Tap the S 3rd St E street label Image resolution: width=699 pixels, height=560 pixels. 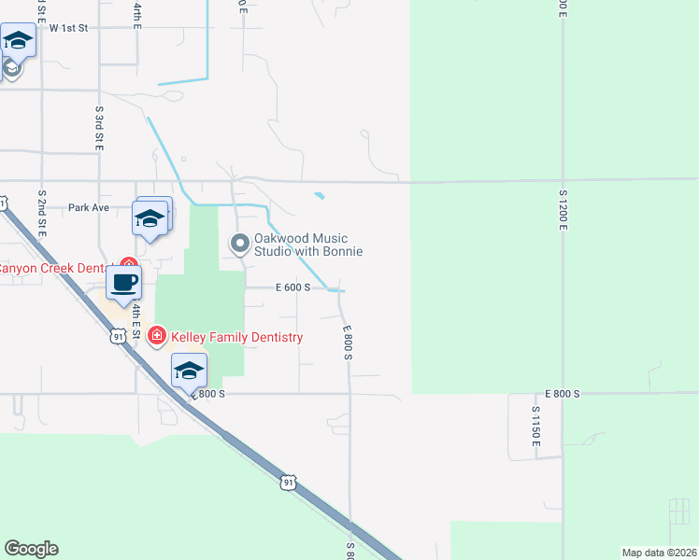pos(98,129)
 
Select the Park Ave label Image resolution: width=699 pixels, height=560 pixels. pos(89,207)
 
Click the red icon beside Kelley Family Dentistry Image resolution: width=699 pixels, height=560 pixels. pos(157,335)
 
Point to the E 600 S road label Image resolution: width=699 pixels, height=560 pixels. pos(292,287)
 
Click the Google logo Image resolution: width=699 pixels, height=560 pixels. pos(31,549)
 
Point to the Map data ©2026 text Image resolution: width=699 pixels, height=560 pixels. pos(658,553)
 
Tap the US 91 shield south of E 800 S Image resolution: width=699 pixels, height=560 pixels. pos(289,482)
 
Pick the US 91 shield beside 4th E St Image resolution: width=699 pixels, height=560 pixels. pos(117,336)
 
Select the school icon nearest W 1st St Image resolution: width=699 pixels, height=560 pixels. pos(18,41)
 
